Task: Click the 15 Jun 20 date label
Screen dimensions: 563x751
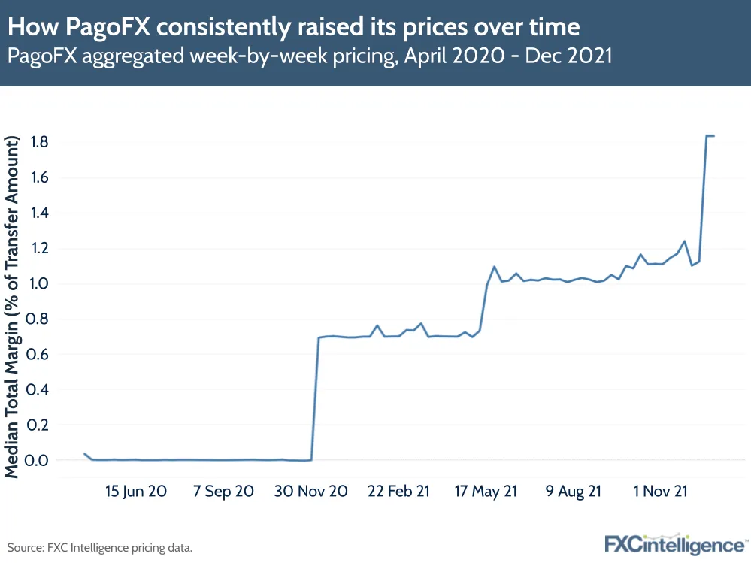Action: [135, 492]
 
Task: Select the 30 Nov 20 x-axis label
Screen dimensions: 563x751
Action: [310, 492]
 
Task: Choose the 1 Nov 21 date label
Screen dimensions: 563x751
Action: [661, 492]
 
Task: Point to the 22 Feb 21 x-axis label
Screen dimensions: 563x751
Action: [398, 492]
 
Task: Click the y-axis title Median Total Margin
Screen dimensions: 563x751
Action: [13, 306]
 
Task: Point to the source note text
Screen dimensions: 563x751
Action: [100, 547]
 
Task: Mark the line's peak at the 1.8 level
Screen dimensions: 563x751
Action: [709, 136]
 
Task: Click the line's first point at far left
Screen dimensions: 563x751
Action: [84, 454]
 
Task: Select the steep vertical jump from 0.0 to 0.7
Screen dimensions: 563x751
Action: [315, 398]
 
